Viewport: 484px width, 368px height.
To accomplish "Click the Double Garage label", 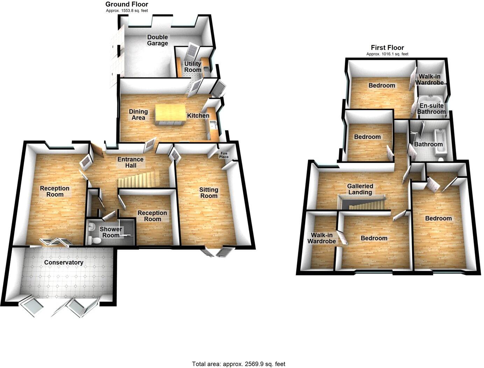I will [157, 40].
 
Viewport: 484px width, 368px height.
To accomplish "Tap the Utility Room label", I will [193, 66].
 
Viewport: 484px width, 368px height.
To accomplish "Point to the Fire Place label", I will [224, 155].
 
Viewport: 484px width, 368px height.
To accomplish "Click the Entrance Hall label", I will [130, 162].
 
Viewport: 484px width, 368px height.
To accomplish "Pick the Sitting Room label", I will [209, 192].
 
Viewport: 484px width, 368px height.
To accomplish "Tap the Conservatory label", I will [64, 262].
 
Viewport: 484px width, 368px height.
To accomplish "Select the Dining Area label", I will [138, 114].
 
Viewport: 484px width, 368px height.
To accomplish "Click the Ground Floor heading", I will [127, 5].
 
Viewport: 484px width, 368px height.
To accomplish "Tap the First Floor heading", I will [387, 48].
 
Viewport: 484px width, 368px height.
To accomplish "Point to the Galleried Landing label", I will [360, 189].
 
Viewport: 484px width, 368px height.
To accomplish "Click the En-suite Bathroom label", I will [431, 108].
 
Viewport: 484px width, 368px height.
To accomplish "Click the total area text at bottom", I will [239, 364].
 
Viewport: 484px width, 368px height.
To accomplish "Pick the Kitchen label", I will [198, 115].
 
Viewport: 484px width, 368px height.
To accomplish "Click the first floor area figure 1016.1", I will [387, 54].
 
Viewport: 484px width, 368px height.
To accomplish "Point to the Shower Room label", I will [111, 232].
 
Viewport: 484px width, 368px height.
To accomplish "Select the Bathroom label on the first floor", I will [428, 144].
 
